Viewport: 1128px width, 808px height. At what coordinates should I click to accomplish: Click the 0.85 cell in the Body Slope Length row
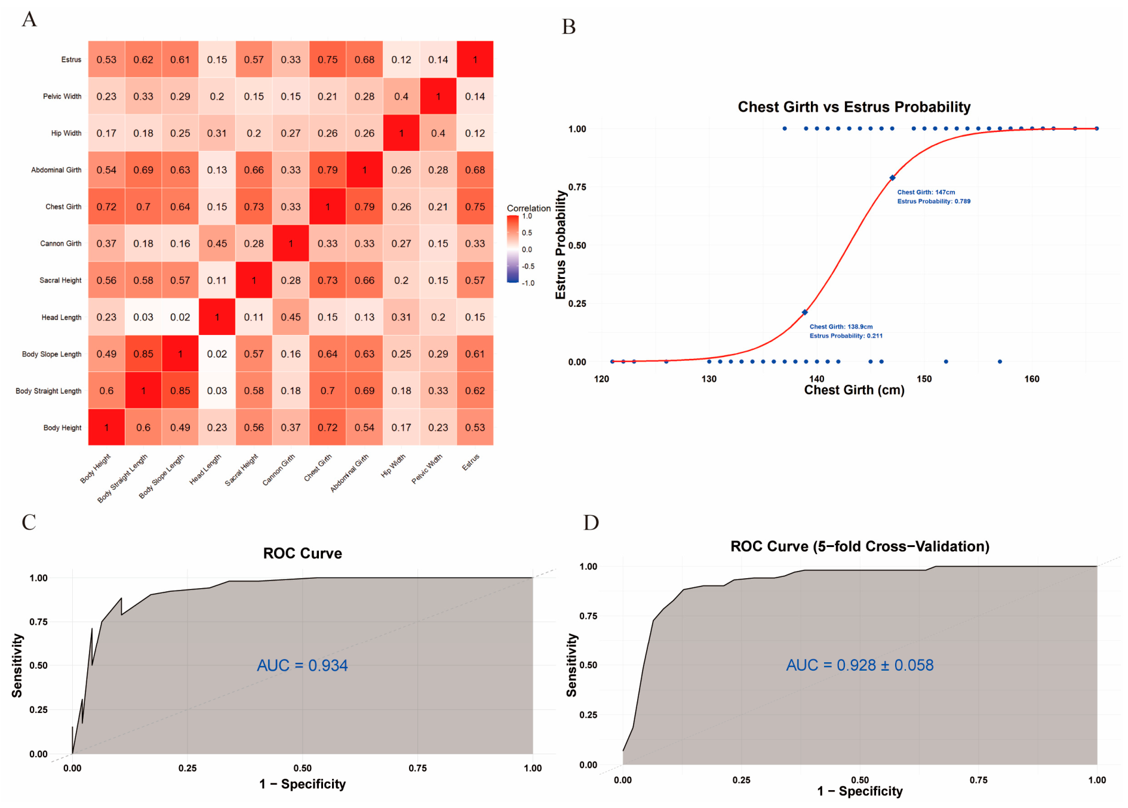pos(143,354)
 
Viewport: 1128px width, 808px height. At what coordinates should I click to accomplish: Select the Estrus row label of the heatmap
pos(71,60)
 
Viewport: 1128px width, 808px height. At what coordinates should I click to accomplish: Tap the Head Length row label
pos(62,318)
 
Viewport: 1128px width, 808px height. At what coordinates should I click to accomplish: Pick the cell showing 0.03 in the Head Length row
pos(143,317)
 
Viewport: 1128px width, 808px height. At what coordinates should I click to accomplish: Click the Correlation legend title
pos(528,208)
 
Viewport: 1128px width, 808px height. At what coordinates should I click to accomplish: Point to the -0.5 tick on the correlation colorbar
pos(528,266)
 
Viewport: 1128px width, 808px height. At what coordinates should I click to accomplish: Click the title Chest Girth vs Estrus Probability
pos(854,107)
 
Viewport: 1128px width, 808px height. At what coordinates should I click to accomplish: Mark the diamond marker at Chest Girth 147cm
pos(892,178)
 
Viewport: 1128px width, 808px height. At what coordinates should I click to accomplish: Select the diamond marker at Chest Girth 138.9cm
pos(804,312)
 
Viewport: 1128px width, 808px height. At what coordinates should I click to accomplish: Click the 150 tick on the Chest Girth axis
pos(924,379)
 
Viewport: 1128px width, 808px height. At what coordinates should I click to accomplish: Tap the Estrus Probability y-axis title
pos(560,245)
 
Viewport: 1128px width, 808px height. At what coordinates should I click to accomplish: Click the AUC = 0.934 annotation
pos(302,665)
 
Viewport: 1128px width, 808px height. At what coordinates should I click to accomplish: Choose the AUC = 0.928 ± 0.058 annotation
pos(859,665)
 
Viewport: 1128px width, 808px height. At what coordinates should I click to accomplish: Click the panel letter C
pos(29,523)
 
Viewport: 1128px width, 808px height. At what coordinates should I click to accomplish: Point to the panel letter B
pos(568,27)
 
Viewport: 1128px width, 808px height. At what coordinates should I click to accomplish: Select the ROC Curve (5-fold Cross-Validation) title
pos(860,546)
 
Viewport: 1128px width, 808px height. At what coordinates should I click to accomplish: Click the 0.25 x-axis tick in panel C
pos(188,768)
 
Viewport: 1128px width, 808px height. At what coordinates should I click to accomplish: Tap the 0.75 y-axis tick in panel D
pos(588,616)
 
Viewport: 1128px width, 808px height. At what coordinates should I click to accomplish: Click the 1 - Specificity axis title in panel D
pos(860,791)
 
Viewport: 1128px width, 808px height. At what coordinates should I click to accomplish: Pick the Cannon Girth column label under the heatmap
pos(279,469)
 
